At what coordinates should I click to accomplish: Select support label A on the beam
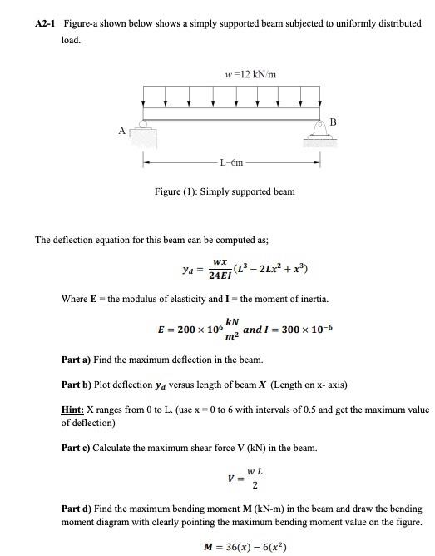(x=122, y=131)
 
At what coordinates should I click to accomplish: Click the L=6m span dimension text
(x=231, y=162)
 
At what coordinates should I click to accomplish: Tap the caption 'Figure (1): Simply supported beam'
(x=225, y=191)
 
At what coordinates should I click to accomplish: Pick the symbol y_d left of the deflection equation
(x=189, y=269)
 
